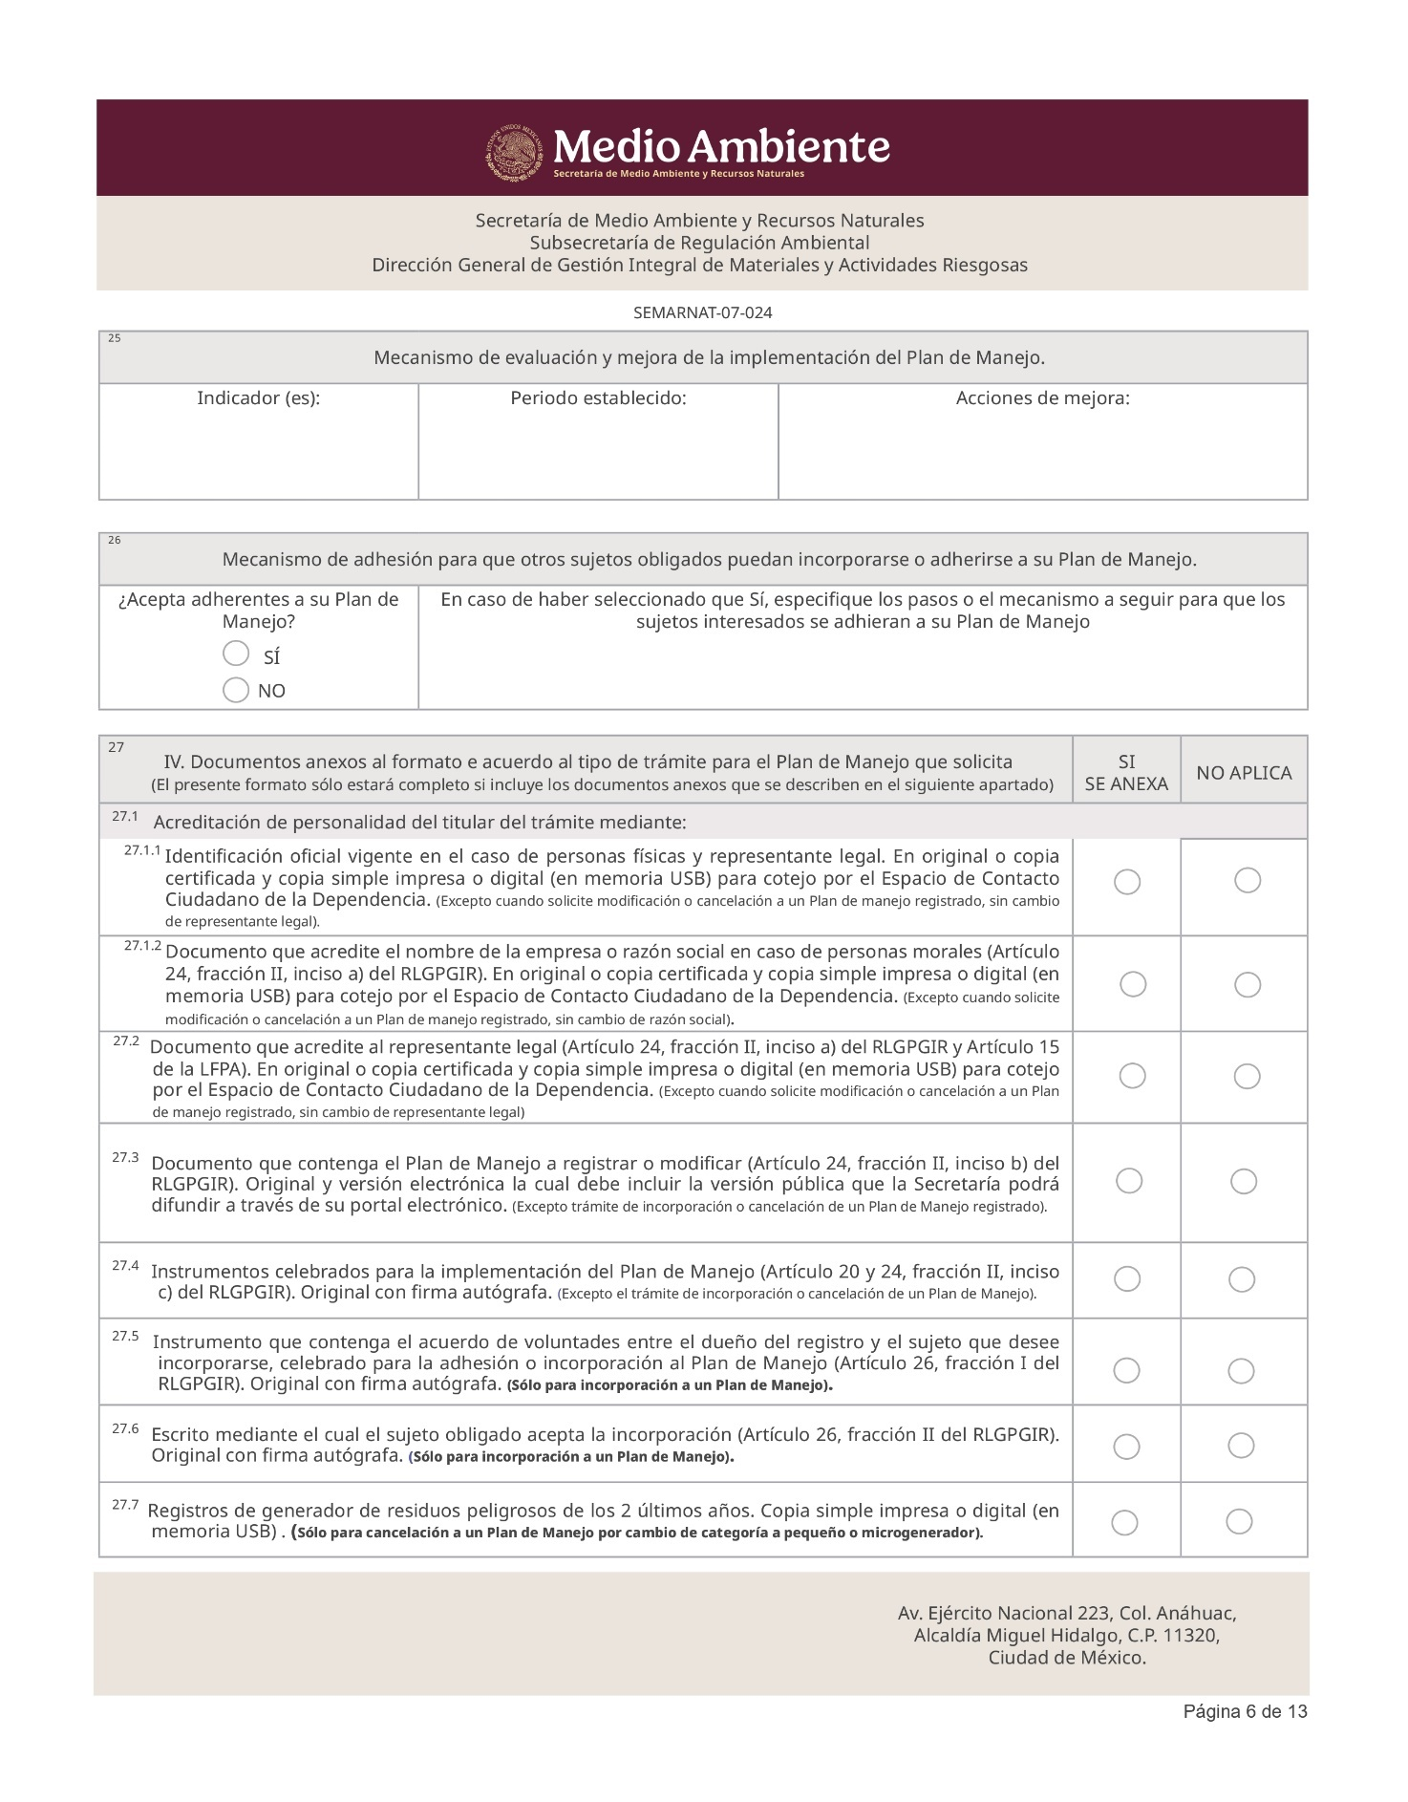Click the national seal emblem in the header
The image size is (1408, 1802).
click(x=515, y=152)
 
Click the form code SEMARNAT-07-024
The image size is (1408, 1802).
click(x=702, y=312)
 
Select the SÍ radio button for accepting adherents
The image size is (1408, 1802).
click(x=236, y=654)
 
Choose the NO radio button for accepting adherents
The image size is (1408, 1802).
click(x=236, y=690)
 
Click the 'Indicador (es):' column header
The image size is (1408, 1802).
click(x=258, y=398)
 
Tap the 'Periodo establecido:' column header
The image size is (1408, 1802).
click(x=598, y=398)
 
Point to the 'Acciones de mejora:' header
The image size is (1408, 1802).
click(x=1042, y=398)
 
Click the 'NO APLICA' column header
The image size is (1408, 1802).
click(x=1244, y=773)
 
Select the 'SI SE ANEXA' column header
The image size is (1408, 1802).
click(x=1126, y=773)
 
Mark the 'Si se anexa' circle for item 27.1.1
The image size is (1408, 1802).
click(x=1127, y=882)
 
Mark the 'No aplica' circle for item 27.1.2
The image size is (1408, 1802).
click(x=1248, y=985)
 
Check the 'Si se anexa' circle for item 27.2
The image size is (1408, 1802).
click(x=1132, y=1077)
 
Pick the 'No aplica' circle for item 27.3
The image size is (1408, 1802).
click(x=1244, y=1182)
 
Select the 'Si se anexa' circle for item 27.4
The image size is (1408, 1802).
click(x=1127, y=1279)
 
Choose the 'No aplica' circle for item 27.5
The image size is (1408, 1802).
click(x=1241, y=1372)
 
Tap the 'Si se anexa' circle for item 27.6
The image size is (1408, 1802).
click(x=1127, y=1447)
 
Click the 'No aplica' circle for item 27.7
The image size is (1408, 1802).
click(x=1239, y=1522)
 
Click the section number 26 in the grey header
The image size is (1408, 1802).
click(x=115, y=541)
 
